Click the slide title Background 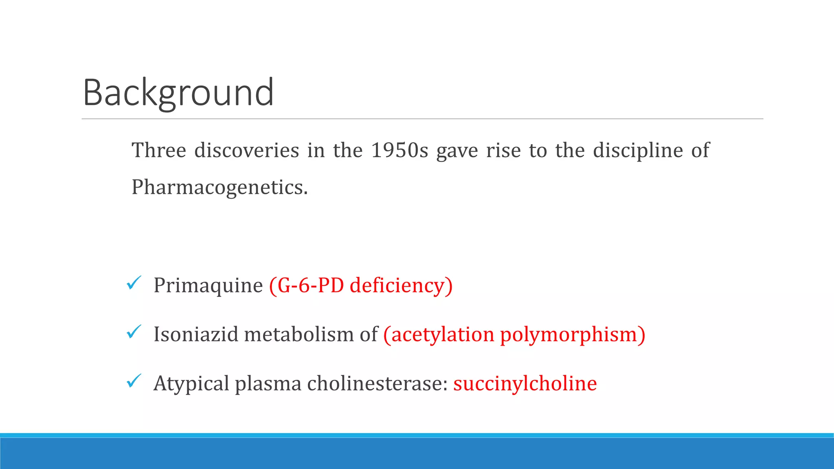click(178, 93)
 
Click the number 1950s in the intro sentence click(399, 150)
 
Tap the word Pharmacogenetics click(219, 187)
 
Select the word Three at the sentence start click(159, 150)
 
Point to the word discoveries click(247, 150)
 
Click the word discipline click(638, 150)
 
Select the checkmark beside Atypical click(134, 381)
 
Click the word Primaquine click(208, 285)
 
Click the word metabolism click(299, 334)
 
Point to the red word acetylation click(442, 334)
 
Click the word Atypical click(191, 384)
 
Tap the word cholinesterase click(377, 384)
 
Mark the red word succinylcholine click(525, 384)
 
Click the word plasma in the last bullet click(268, 384)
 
